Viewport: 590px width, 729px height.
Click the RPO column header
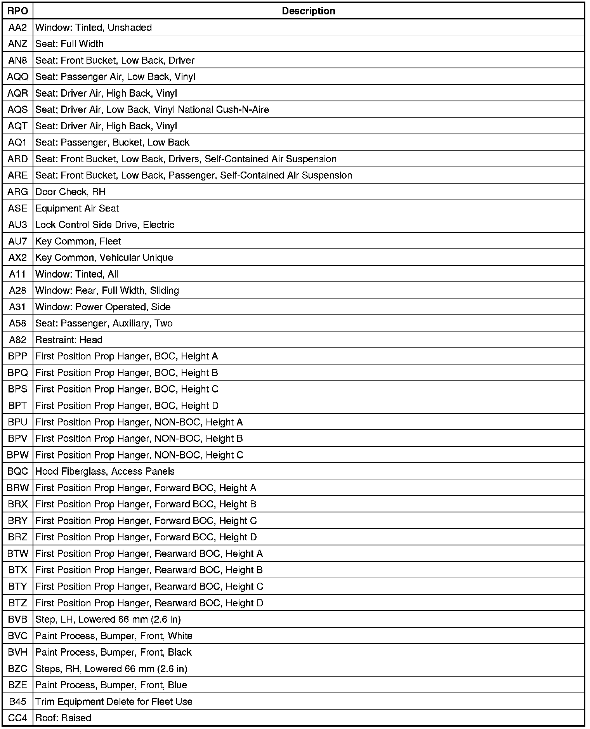click(18, 11)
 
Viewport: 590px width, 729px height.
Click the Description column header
click(309, 11)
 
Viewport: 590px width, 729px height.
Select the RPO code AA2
click(18, 28)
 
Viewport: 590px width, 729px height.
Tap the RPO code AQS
click(18, 110)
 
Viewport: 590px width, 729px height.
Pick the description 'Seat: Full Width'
click(69, 44)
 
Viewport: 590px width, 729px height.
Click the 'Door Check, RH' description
click(70, 192)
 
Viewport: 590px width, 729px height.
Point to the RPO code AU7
click(18, 241)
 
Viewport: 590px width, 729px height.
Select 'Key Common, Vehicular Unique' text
click(104, 258)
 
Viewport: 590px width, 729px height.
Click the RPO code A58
click(18, 323)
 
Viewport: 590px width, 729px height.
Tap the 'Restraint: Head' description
click(69, 340)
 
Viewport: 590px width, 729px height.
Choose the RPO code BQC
click(18, 471)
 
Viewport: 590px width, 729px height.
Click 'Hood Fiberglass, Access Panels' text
click(105, 471)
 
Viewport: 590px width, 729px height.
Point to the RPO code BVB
click(18, 619)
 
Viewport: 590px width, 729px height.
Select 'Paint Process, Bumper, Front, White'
click(114, 636)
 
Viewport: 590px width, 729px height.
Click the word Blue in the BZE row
click(177, 685)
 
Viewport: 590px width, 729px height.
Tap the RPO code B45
click(18, 701)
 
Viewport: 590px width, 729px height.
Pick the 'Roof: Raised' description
click(63, 718)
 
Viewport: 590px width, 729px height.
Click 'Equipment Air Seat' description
click(77, 208)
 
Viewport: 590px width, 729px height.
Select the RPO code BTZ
click(18, 603)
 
